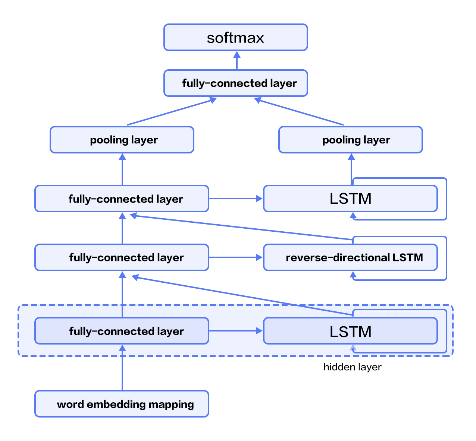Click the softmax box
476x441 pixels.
tap(235, 37)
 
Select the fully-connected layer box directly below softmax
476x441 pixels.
tap(235, 83)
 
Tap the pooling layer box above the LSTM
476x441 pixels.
tap(350, 140)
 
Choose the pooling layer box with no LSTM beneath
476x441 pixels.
tap(122, 140)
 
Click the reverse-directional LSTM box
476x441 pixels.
tap(350, 257)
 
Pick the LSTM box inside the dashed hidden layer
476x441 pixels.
tap(350, 331)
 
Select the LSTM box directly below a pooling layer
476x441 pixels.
tap(350, 199)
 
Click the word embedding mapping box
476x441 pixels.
tap(122, 404)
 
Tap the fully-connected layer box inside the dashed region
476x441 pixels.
tap(122, 331)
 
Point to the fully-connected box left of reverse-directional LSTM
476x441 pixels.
tap(122, 257)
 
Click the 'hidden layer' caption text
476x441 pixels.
tap(352, 367)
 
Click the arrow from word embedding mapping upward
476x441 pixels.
tap(122, 369)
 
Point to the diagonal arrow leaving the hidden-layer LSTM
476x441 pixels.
tap(242, 296)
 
